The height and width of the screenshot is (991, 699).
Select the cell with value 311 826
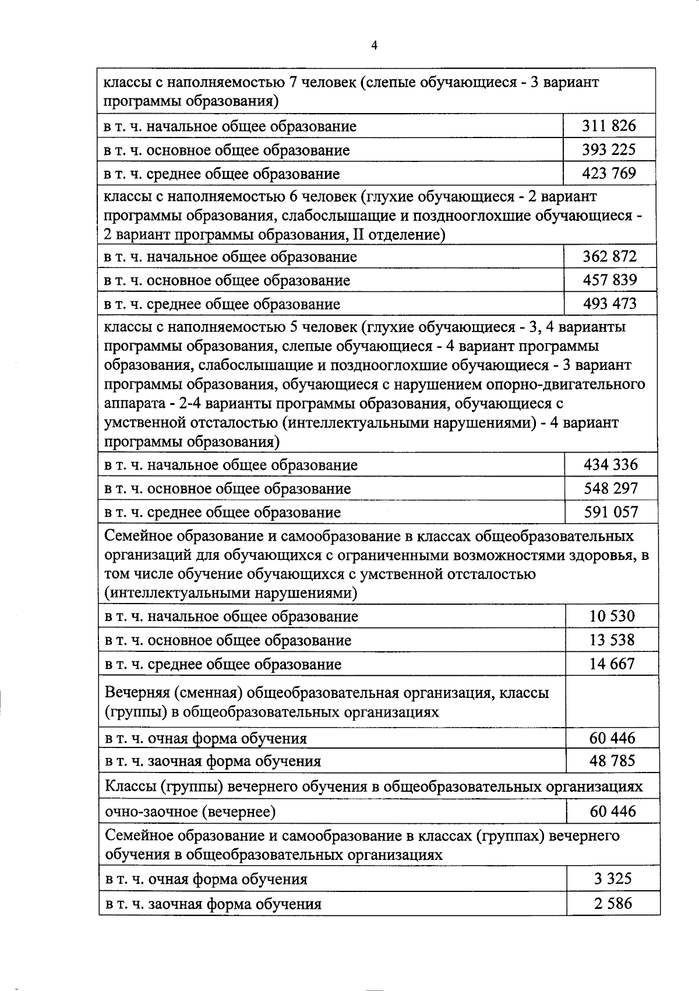point(609,125)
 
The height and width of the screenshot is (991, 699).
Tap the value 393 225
point(609,149)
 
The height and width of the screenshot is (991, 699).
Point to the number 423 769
point(609,173)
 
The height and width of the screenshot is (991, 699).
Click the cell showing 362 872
point(610,256)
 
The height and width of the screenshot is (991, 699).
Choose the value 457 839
point(610,280)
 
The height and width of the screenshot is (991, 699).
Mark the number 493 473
point(610,303)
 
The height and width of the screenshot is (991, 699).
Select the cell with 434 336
point(611,464)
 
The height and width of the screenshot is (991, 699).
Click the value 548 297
point(611,488)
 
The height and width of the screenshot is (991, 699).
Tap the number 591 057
point(611,512)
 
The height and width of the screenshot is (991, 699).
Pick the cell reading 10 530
point(612,616)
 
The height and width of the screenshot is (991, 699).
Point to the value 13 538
point(612,640)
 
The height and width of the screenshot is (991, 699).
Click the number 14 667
point(612,664)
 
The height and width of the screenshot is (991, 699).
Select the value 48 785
point(612,760)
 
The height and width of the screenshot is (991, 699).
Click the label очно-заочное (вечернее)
point(190,812)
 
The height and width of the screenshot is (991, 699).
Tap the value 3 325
point(613,879)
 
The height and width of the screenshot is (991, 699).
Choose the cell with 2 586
point(613,904)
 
